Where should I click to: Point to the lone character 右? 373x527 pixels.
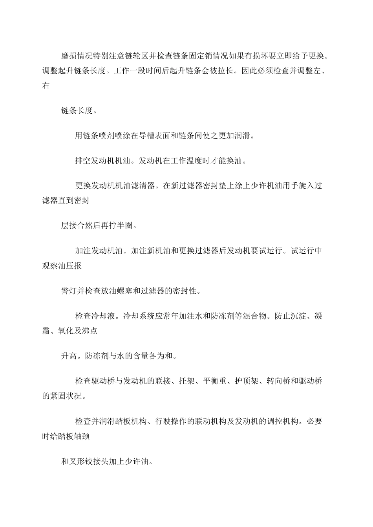point(46,86)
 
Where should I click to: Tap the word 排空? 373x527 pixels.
point(83,161)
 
